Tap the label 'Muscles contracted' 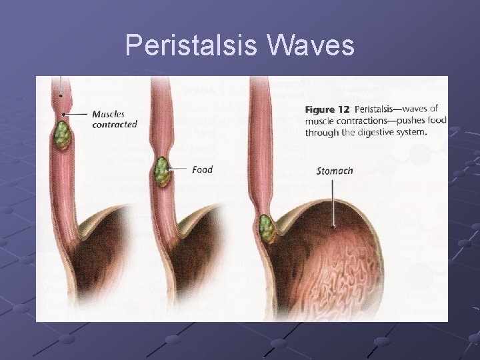114,119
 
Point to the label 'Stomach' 334,171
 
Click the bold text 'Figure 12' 328,109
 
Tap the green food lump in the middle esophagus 162,171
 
